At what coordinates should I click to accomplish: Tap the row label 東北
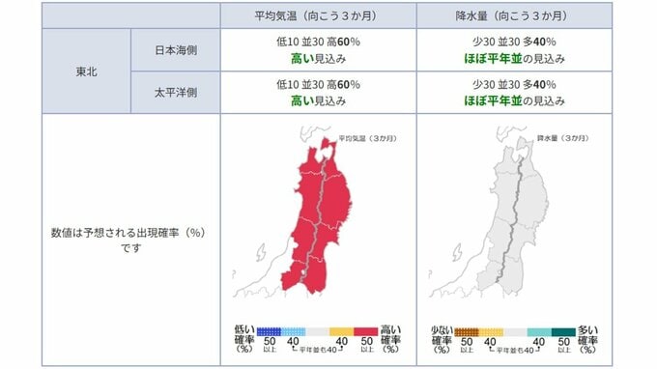click(85, 71)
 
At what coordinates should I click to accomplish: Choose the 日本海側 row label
click(174, 50)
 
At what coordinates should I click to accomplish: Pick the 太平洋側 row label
click(174, 94)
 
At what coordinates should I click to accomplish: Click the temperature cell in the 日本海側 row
click(318, 50)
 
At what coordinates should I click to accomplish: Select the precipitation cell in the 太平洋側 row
click(514, 94)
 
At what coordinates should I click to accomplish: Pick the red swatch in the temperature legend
click(365, 331)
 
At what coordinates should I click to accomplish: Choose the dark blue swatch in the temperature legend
click(270, 331)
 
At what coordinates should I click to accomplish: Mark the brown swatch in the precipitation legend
click(467, 331)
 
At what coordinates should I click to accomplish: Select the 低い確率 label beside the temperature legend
click(243, 337)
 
